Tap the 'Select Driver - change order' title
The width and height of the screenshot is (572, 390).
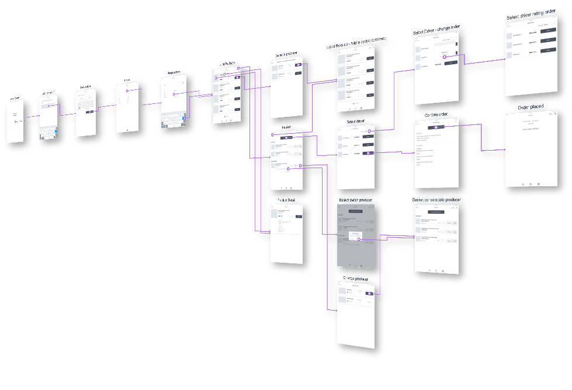point(436,30)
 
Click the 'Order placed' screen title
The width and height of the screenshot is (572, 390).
point(531,107)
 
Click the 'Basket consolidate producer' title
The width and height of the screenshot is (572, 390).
point(436,200)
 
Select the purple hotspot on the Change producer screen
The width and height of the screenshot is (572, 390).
point(370,292)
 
